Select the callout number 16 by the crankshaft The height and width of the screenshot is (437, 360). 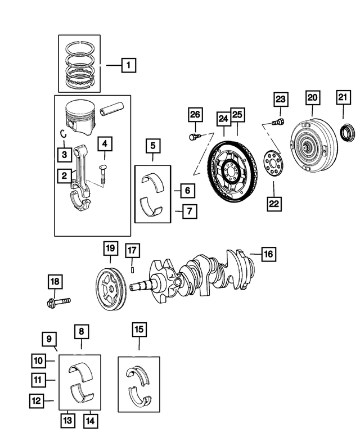(x=268, y=254)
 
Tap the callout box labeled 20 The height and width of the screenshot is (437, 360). (x=312, y=97)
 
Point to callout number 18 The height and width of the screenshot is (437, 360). (x=55, y=281)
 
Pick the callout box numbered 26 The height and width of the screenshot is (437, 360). (x=194, y=116)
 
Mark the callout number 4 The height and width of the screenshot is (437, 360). (x=104, y=144)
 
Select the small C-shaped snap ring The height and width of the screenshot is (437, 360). (x=65, y=134)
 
